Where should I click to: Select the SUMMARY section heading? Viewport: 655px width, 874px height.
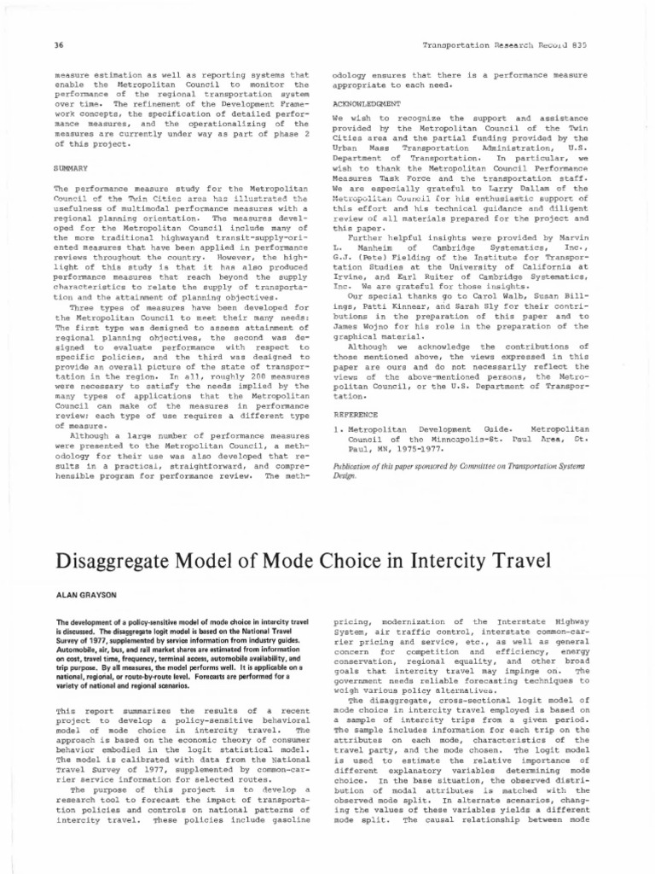pyautogui.click(x=70, y=168)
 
